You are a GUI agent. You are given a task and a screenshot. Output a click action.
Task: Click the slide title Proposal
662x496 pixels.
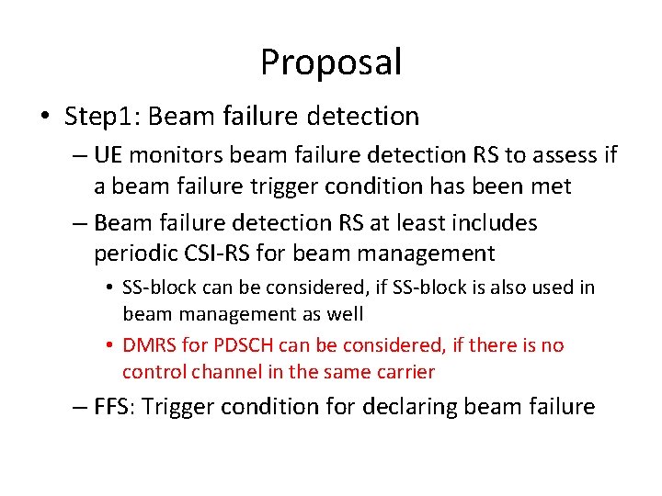tap(331, 62)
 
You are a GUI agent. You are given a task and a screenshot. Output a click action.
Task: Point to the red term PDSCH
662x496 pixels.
tap(243, 345)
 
